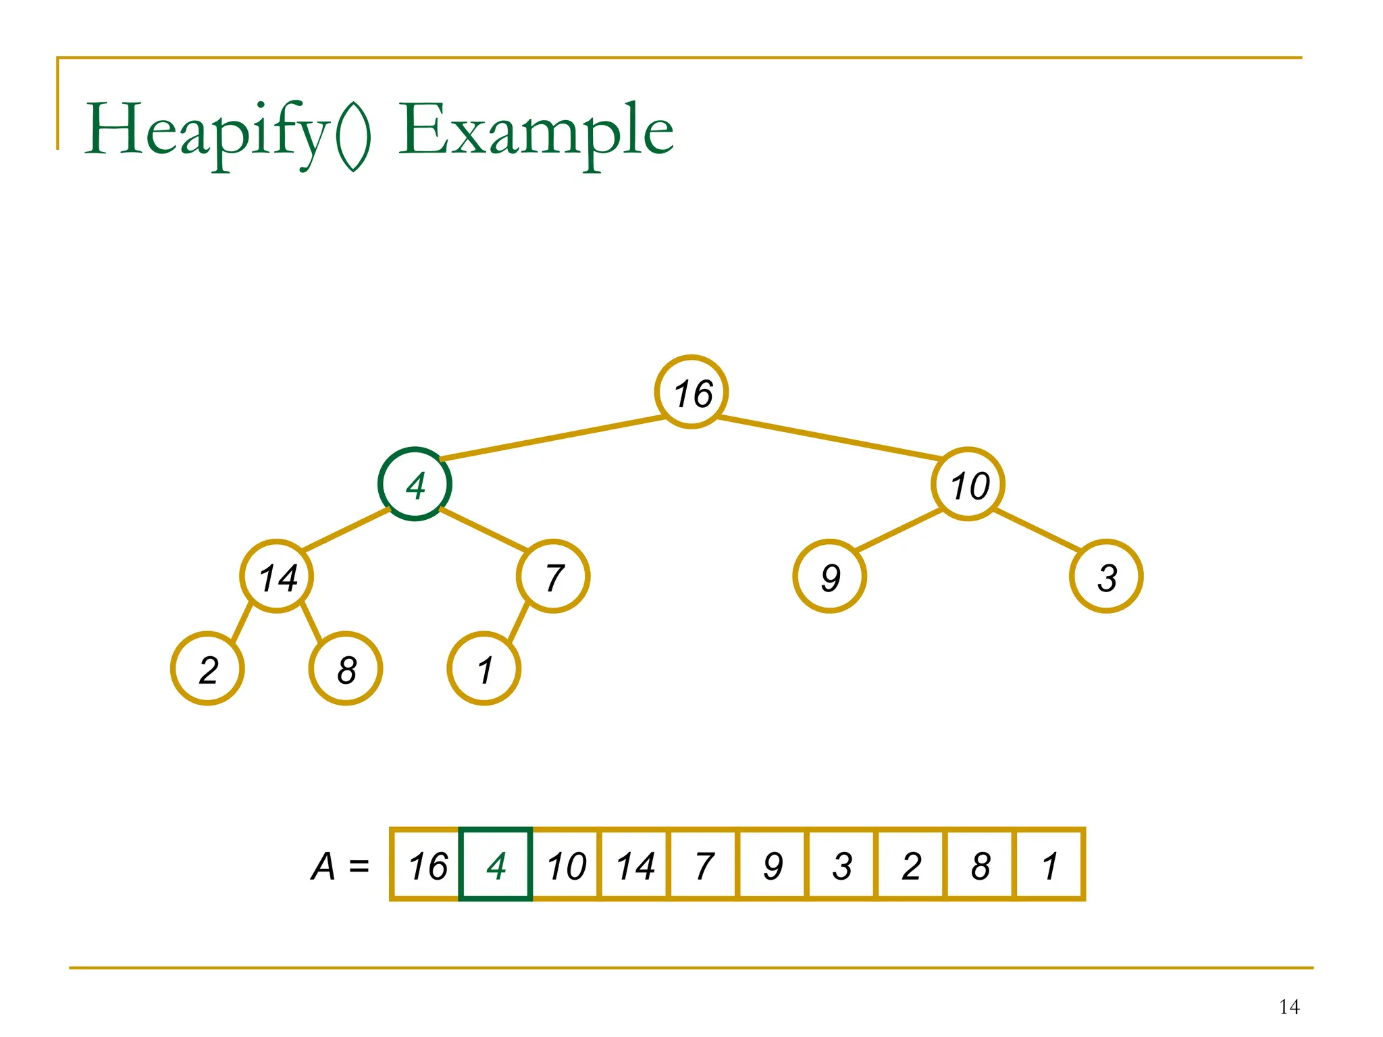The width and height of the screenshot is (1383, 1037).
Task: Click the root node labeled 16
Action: [x=691, y=392]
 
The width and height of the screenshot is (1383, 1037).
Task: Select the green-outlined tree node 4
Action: [x=415, y=484]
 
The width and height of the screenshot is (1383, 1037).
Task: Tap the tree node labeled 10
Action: [x=968, y=484]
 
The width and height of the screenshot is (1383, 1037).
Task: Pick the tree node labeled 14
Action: [x=277, y=577]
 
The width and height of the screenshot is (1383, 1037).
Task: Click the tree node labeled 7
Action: [x=553, y=577]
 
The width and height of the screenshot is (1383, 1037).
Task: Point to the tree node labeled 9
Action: [x=830, y=577]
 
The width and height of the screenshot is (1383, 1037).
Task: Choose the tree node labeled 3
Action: [x=1106, y=577]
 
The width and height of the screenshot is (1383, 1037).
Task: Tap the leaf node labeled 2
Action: [x=208, y=669]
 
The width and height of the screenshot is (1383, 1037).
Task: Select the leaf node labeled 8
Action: [x=346, y=669]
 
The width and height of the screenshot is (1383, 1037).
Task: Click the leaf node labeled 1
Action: [x=484, y=669]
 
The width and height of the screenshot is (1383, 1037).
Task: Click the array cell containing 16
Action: [x=427, y=865]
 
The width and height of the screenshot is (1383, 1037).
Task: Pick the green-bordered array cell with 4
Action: [x=496, y=865]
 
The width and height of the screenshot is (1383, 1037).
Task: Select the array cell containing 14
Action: [x=635, y=865]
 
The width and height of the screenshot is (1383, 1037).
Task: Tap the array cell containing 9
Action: [x=773, y=865]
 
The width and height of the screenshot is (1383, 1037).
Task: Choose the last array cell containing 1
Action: [x=1049, y=865]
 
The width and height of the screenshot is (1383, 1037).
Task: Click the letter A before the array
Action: [x=323, y=866]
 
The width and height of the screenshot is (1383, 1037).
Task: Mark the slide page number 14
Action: [x=1289, y=1007]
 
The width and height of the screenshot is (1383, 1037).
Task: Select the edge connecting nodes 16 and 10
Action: [x=830, y=439]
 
